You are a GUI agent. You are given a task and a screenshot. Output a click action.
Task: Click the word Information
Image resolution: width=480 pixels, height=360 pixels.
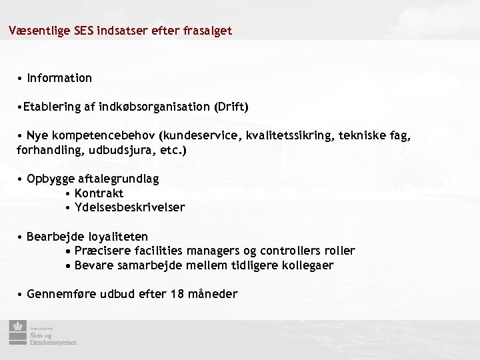click(x=59, y=79)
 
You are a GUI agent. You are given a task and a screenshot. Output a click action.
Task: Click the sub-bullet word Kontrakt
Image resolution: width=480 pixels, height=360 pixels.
click(x=99, y=193)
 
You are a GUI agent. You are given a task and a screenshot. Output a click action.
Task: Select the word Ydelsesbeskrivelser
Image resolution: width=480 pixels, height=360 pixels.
click(x=129, y=207)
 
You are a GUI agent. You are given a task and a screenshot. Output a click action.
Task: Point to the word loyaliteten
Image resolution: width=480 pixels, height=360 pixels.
click(x=114, y=237)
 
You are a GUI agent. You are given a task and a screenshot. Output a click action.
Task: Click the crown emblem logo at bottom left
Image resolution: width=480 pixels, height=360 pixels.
click(x=15, y=328)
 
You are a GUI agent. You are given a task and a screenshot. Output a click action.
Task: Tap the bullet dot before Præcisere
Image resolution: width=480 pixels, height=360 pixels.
click(x=69, y=251)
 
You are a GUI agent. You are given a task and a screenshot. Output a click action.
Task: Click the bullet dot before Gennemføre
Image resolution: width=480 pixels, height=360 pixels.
click(x=21, y=295)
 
